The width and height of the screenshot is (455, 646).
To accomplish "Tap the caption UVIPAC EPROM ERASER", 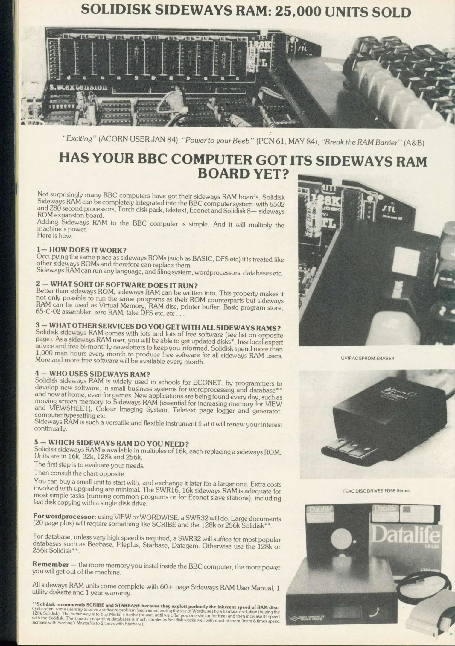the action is pos(367,358).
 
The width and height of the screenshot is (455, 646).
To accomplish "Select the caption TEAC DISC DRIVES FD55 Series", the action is pos(376,490).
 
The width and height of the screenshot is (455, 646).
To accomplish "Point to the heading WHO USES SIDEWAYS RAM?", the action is pos(99,374).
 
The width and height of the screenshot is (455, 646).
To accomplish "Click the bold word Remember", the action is pos(51,564).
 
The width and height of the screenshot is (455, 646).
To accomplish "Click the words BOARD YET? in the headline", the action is pos(244,174).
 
